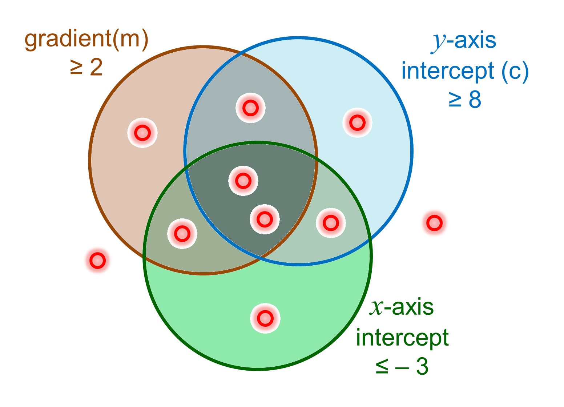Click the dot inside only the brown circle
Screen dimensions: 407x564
click(x=142, y=133)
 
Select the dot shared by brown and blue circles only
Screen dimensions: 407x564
click(x=250, y=108)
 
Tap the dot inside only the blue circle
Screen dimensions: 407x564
click(x=357, y=122)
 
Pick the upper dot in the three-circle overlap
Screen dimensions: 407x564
click(x=243, y=180)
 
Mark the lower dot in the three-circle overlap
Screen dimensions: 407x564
click(x=265, y=219)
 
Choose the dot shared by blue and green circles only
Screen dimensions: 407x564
click(x=331, y=223)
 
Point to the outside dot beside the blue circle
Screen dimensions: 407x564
click(x=434, y=222)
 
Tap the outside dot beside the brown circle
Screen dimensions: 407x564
click(x=98, y=260)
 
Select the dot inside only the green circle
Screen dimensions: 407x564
click(x=265, y=318)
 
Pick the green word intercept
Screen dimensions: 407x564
click(x=402, y=338)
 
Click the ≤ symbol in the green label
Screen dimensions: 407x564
click(x=382, y=368)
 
